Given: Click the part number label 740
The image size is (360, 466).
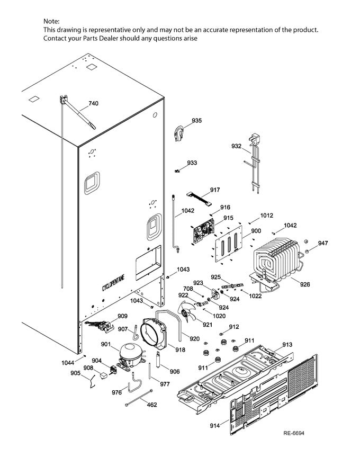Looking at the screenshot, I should pos(93,103).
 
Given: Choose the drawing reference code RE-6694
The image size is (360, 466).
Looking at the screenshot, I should pos(294,434).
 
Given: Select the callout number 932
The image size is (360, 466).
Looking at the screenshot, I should pos(236,146).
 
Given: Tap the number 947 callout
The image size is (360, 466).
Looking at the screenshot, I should pos(322,243).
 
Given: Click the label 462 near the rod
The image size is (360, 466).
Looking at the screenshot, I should pos(151,405).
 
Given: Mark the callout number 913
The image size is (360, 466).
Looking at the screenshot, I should pos(287,345).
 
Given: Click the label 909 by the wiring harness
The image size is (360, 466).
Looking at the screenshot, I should pos(122,316).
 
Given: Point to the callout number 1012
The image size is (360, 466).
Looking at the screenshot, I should pos(266,216).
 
